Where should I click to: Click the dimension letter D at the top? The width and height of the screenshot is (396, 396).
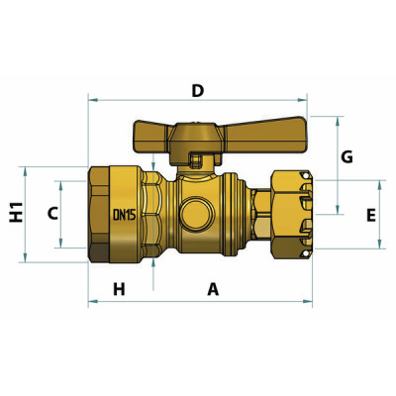197,91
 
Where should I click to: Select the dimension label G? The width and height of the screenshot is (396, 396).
346,157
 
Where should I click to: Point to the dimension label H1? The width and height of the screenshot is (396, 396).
16,213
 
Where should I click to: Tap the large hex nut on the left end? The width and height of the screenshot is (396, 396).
103,215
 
